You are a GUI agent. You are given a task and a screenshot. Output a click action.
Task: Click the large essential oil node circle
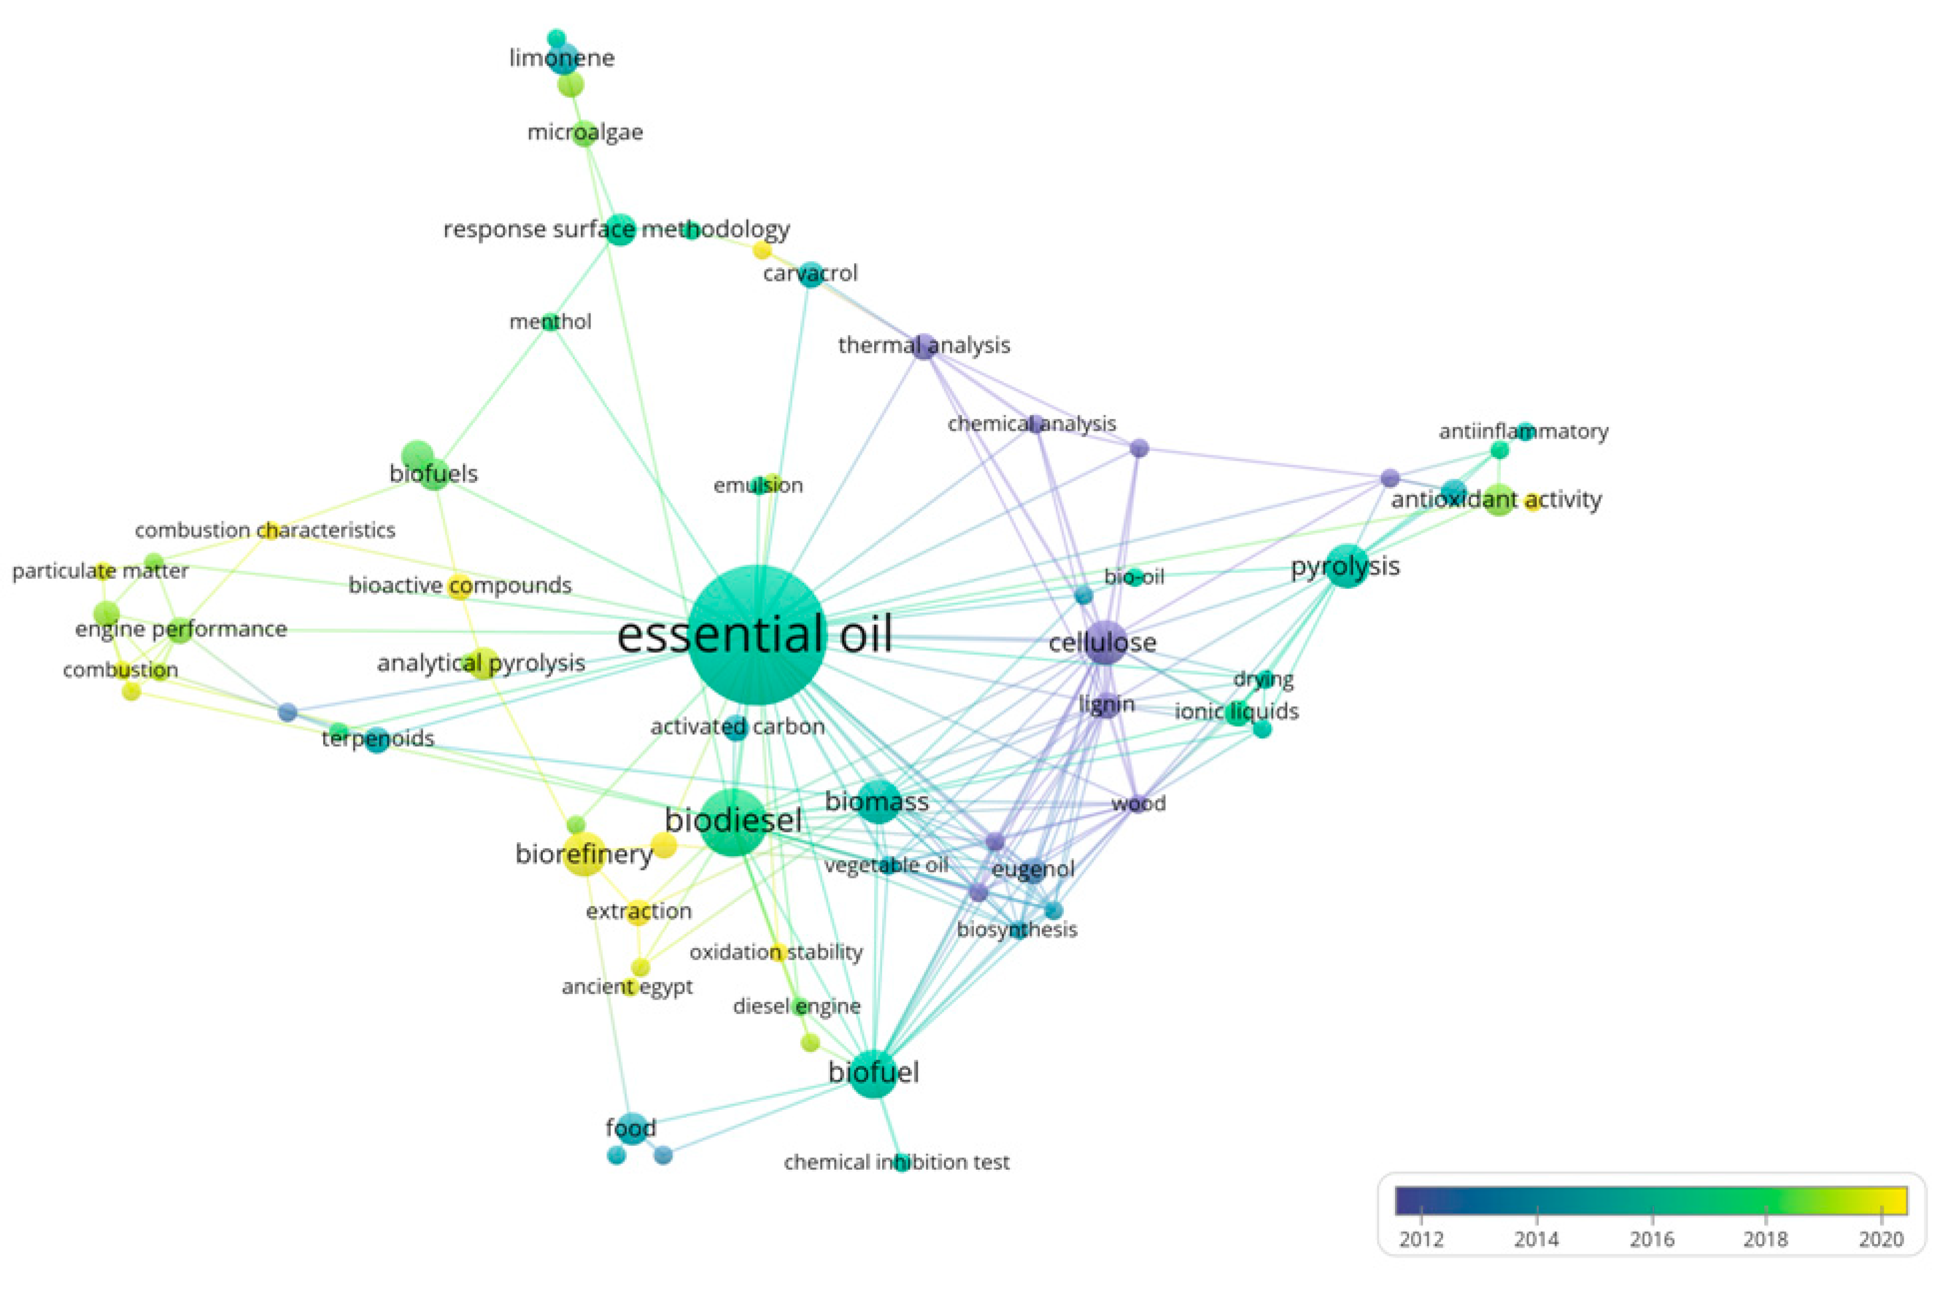757,635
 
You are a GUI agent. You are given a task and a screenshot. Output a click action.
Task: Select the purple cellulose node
1104,642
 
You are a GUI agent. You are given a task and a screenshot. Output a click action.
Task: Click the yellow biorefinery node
584,854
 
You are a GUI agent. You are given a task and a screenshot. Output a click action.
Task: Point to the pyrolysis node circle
1347,566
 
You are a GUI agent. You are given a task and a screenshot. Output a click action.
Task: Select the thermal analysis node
924,346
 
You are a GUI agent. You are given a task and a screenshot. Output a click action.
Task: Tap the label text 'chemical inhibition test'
897,1162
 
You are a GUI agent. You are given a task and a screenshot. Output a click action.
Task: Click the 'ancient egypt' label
627,987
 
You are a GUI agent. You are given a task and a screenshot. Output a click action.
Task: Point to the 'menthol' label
550,322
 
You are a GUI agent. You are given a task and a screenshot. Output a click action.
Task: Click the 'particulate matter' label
100,571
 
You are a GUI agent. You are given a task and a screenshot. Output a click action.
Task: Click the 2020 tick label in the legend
1881,1239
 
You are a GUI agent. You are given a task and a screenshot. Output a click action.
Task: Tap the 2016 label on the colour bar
1651,1239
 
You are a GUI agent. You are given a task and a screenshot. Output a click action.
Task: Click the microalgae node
585,133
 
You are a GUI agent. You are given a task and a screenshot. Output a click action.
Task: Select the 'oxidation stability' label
776,952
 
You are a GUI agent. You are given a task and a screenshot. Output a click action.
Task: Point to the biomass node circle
877,801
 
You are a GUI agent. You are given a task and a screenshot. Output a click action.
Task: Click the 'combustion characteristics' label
265,530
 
